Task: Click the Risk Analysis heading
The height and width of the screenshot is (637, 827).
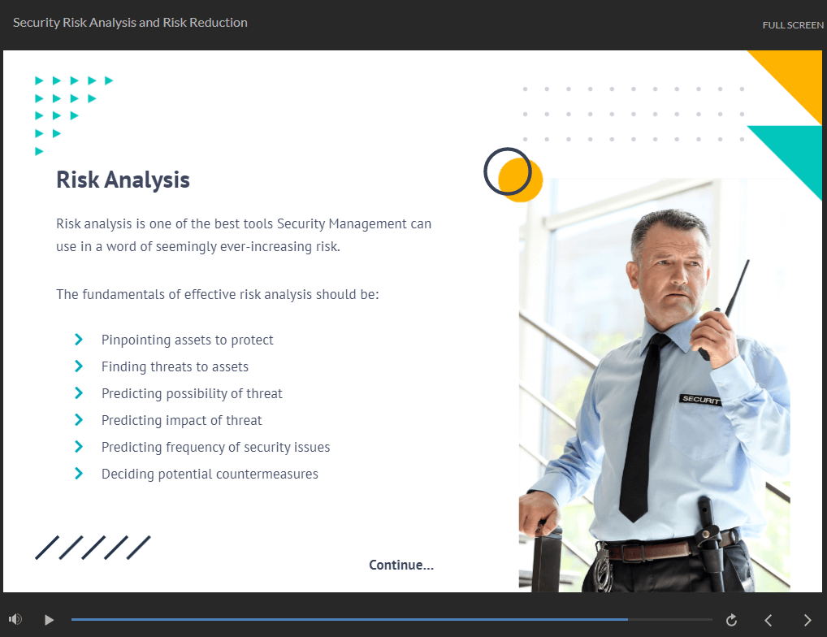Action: [x=123, y=180]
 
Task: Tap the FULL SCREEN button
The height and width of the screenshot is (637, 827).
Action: [x=792, y=25]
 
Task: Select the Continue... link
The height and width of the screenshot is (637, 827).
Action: [x=401, y=565]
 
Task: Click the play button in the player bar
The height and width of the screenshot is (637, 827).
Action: [x=49, y=620]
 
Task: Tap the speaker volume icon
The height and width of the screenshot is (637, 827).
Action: [x=15, y=619]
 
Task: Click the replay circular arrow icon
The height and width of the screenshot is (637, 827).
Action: [x=731, y=620]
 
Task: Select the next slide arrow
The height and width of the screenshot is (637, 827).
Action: [x=807, y=620]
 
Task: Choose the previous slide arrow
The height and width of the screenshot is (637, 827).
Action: [x=769, y=620]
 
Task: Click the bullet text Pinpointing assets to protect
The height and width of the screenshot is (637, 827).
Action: [x=187, y=340]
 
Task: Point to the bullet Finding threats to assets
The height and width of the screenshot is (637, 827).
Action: [x=175, y=366]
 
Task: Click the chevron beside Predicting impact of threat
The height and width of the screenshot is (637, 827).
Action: [x=79, y=420]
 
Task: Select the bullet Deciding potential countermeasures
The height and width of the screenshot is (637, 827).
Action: [x=210, y=474]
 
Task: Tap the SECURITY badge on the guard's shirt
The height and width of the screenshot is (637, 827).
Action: [x=700, y=399]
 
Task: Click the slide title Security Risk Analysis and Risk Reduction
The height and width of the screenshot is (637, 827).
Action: [x=130, y=23]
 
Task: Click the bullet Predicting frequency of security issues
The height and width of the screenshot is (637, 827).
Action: [x=215, y=447]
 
